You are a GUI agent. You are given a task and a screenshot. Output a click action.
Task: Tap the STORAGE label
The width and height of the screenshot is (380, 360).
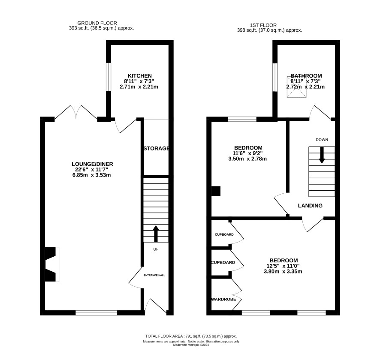tap(156, 148)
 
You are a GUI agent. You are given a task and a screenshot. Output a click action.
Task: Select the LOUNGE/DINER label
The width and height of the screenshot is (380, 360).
tap(92, 164)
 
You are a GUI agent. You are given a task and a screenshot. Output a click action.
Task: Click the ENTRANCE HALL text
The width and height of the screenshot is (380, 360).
tap(154, 275)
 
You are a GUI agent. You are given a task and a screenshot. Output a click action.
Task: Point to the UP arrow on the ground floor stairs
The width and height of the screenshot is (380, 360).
tap(155, 234)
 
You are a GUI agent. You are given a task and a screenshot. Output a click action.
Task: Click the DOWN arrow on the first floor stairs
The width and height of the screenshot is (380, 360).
tap(322, 155)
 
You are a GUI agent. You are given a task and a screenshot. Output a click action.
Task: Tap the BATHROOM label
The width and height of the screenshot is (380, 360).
tap(306, 76)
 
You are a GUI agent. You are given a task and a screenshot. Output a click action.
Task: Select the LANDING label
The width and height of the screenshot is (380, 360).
tap(310, 206)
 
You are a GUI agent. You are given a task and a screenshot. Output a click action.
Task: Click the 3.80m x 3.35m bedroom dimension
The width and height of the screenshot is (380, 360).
tap(283, 272)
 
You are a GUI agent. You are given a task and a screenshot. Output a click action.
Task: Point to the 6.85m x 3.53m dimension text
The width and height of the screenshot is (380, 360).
tap(92, 175)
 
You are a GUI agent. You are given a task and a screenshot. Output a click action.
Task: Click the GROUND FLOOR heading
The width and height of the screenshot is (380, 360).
tap(97, 23)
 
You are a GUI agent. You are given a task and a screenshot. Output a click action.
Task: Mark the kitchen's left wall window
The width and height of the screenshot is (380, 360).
tap(109, 77)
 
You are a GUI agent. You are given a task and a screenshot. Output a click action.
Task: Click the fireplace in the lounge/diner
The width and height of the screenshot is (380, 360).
tap(52, 264)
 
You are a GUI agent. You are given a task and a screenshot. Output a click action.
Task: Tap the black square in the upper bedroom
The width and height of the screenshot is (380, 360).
tap(216, 191)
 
